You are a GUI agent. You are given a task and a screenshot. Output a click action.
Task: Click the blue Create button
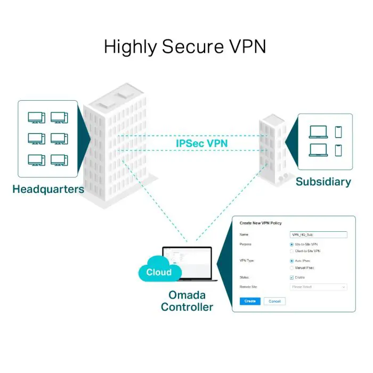(x=250, y=301)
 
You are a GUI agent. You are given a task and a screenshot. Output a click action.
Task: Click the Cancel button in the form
(x=274, y=301)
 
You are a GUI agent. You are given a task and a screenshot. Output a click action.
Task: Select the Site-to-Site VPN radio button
(x=291, y=244)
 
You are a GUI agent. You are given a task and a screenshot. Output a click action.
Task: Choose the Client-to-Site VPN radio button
(x=291, y=251)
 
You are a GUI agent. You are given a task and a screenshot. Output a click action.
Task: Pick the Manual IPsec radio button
(x=291, y=268)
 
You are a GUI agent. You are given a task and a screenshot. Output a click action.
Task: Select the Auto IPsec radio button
(x=291, y=261)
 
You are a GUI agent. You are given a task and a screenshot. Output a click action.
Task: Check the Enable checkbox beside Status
(x=291, y=278)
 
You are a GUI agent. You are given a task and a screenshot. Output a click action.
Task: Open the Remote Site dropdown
(x=318, y=287)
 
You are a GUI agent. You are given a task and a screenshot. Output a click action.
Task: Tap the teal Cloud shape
(x=158, y=272)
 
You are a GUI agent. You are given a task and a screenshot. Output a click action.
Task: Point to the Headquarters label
(x=48, y=189)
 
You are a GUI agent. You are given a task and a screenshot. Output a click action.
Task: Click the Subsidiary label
(x=323, y=182)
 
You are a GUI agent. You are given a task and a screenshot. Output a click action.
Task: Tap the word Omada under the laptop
(x=187, y=295)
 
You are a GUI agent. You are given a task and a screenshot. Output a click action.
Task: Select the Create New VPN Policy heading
(x=261, y=223)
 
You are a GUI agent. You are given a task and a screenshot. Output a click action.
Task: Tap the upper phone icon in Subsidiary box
(x=338, y=132)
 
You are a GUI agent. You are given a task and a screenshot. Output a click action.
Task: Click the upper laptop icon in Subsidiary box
(x=318, y=132)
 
